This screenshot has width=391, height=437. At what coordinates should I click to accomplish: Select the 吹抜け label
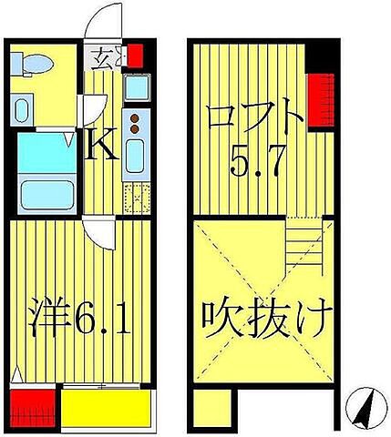[262, 320]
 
